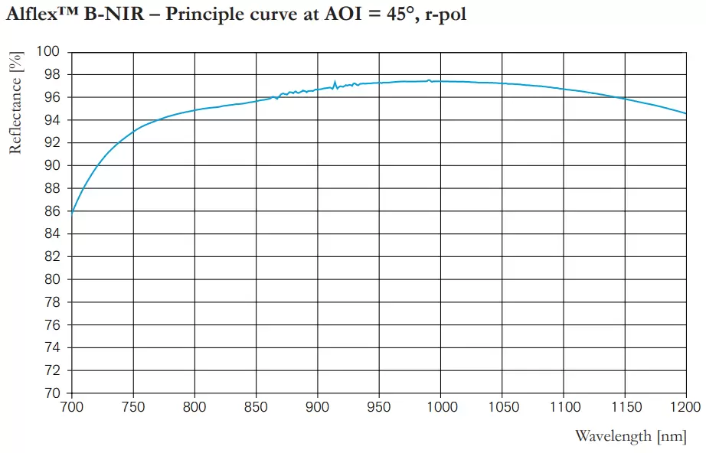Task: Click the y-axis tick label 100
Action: [x=48, y=52]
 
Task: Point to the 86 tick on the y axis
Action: [x=51, y=211]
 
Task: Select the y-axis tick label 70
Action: [x=51, y=393]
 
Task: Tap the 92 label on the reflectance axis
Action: [x=51, y=143]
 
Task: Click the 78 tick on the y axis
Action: [x=51, y=302]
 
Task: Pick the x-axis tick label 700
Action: [x=71, y=407]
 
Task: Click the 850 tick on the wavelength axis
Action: [x=257, y=407]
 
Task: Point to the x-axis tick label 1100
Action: [x=563, y=407]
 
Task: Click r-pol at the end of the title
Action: [x=445, y=16]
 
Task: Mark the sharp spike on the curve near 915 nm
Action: [x=335, y=81]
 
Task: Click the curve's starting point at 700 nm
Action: [x=71, y=213]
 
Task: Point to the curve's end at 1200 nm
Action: [x=685, y=113]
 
